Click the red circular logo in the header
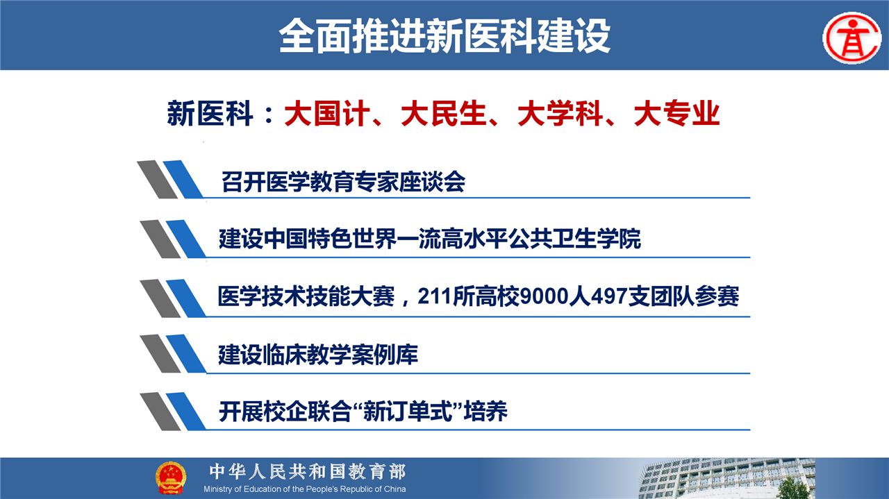(x=852, y=37)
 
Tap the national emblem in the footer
(x=170, y=477)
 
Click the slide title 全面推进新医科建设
(x=444, y=35)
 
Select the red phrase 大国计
(x=327, y=113)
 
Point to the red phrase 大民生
(x=444, y=113)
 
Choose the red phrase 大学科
(x=560, y=113)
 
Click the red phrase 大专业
(x=677, y=113)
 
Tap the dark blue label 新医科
(x=210, y=113)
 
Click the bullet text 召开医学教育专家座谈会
(x=343, y=182)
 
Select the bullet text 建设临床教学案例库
(x=318, y=355)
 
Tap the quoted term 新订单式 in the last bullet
(x=407, y=412)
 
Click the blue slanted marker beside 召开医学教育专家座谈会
(x=183, y=179)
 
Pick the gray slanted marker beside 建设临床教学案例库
(x=160, y=354)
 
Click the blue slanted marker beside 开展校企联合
(x=186, y=412)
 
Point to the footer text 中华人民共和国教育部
(x=308, y=472)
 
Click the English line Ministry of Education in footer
(x=305, y=489)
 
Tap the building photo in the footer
(x=726, y=478)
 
